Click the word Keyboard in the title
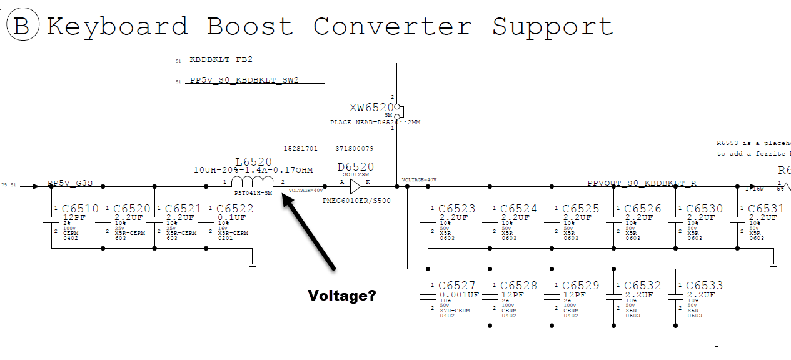(118, 27)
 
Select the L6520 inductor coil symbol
(253, 181)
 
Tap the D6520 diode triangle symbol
(356, 186)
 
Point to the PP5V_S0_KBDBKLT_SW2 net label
(244, 81)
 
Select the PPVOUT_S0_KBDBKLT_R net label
(642, 183)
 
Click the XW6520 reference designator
(371, 107)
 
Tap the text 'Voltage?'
(342, 296)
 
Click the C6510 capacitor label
(80, 209)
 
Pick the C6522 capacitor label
(235, 209)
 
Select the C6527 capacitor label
(457, 286)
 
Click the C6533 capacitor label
(704, 286)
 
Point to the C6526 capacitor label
(642, 209)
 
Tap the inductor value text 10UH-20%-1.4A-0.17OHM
(253, 170)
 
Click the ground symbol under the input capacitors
(252, 265)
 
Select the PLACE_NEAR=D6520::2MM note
(375, 122)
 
